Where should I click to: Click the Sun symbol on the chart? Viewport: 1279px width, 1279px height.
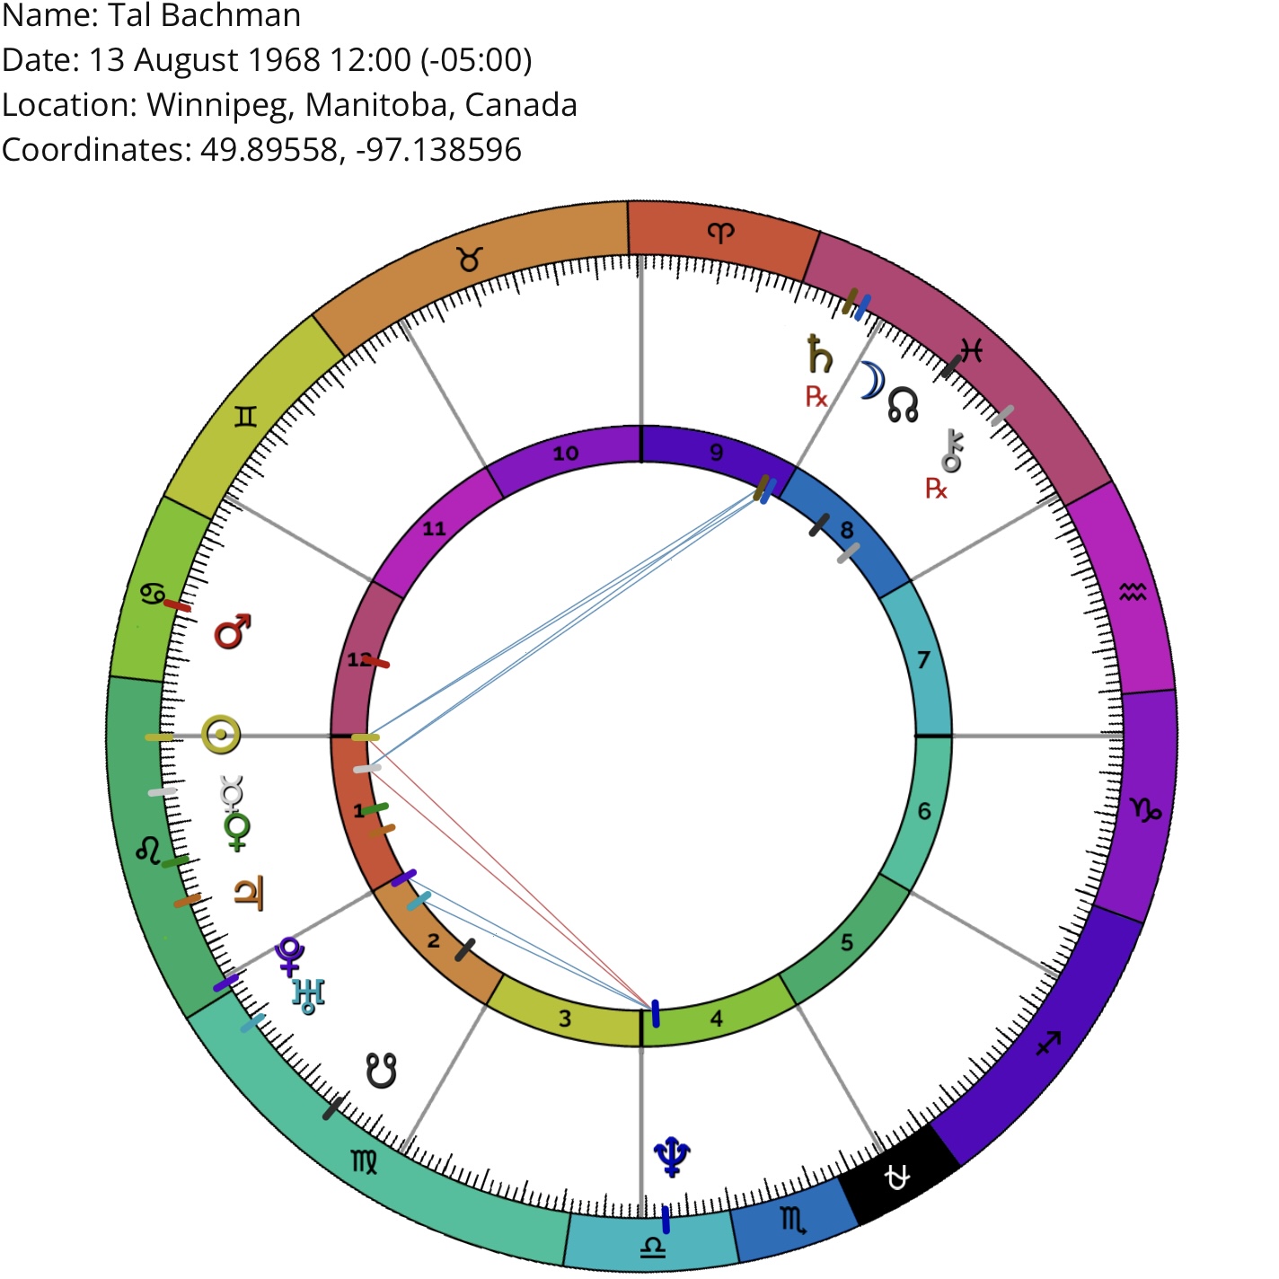click(x=221, y=734)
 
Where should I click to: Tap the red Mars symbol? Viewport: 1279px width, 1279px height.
click(x=233, y=631)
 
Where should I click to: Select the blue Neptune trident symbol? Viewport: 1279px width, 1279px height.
click(x=672, y=1157)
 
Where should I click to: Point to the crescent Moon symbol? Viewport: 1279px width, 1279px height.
click(x=872, y=380)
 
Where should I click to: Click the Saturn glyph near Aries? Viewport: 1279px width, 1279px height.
click(x=820, y=354)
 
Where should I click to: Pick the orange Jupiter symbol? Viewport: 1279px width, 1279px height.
click(x=250, y=893)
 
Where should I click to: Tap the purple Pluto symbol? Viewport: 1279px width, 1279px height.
click(x=290, y=957)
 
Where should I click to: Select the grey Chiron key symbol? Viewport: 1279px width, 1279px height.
click(x=952, y=451)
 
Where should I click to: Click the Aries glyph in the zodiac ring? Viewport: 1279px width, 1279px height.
click(x=721, y=233)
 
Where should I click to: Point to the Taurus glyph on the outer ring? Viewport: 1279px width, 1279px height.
click(x=470, y=260)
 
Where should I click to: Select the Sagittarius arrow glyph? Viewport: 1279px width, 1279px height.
click(x=1049, y=1044)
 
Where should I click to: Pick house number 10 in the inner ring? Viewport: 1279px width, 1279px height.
click(x=566, y=454)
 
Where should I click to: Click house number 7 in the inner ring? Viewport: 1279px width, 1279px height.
click(x=923, y=660)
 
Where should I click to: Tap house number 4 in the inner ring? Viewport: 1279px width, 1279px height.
click(x=717, y=1019)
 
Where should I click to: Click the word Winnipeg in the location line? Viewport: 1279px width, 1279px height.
click(x=220, y=105)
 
